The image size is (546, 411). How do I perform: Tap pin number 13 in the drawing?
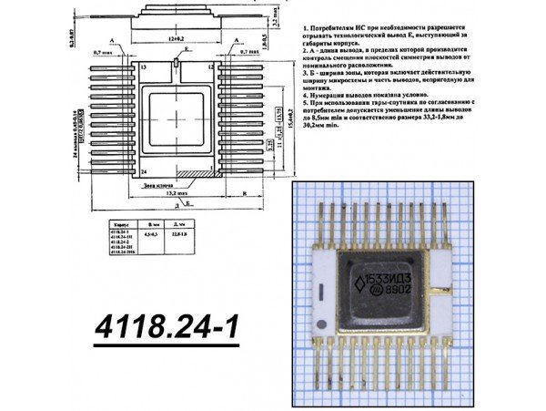point(144,67)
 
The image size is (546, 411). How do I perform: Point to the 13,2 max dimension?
point(174,193)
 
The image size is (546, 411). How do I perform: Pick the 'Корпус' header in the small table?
point(119,223)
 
